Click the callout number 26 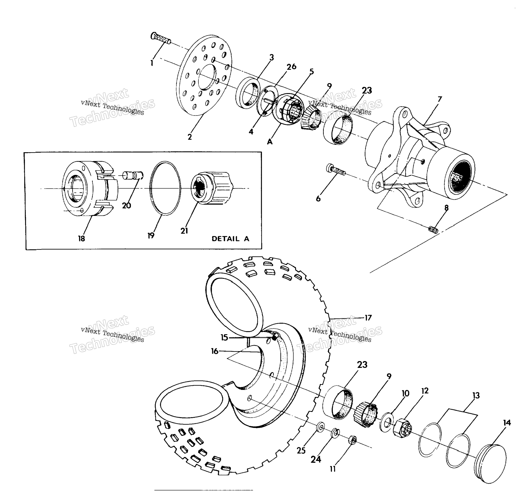click(291, 67)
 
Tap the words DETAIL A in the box click(230, 239)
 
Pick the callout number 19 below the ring click(151, 236)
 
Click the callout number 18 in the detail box click(81, 238)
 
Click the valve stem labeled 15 click(275, 338)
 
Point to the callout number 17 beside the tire click(368, 318)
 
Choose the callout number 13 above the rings click(476, 395)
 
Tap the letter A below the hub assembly click(270, 142)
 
